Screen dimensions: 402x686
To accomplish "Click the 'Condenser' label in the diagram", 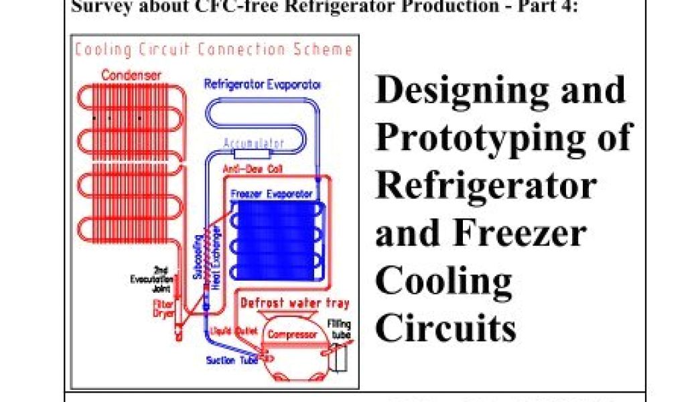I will (x=131, y=76).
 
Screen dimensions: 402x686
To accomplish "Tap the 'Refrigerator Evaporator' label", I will (x=262, y=85).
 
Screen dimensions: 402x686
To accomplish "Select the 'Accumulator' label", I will (x=254, y=143).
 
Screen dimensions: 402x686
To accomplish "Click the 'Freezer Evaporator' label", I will (x=271, y=194).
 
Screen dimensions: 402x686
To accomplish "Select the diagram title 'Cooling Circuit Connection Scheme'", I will (x=213, y=50).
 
